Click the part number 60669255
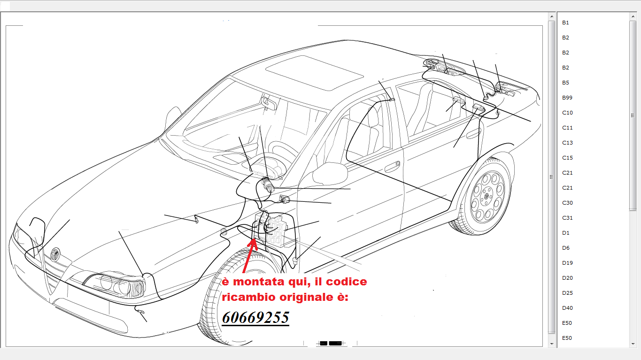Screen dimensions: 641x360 coord(255,317)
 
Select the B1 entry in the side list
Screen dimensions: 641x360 coord(565,23)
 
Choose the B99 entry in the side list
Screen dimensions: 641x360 coord(567,98)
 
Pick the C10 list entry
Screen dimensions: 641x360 coord(567,113)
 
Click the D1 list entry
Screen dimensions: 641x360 coord(566,233)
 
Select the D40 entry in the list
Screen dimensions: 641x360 coord(567,308)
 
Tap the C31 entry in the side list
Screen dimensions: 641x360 coord(567,218)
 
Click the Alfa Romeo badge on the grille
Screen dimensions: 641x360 coord(55,254)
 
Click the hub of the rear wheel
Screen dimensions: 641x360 coord(486,196)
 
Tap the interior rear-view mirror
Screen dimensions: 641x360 coord(269,102)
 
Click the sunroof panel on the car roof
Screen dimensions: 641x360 coord(314,73)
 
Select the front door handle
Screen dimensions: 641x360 coord(392,167)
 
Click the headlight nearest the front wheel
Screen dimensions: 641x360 coord(115,284)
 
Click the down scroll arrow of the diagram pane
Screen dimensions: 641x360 coord(552,344)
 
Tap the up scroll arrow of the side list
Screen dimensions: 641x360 coord(633,16)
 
